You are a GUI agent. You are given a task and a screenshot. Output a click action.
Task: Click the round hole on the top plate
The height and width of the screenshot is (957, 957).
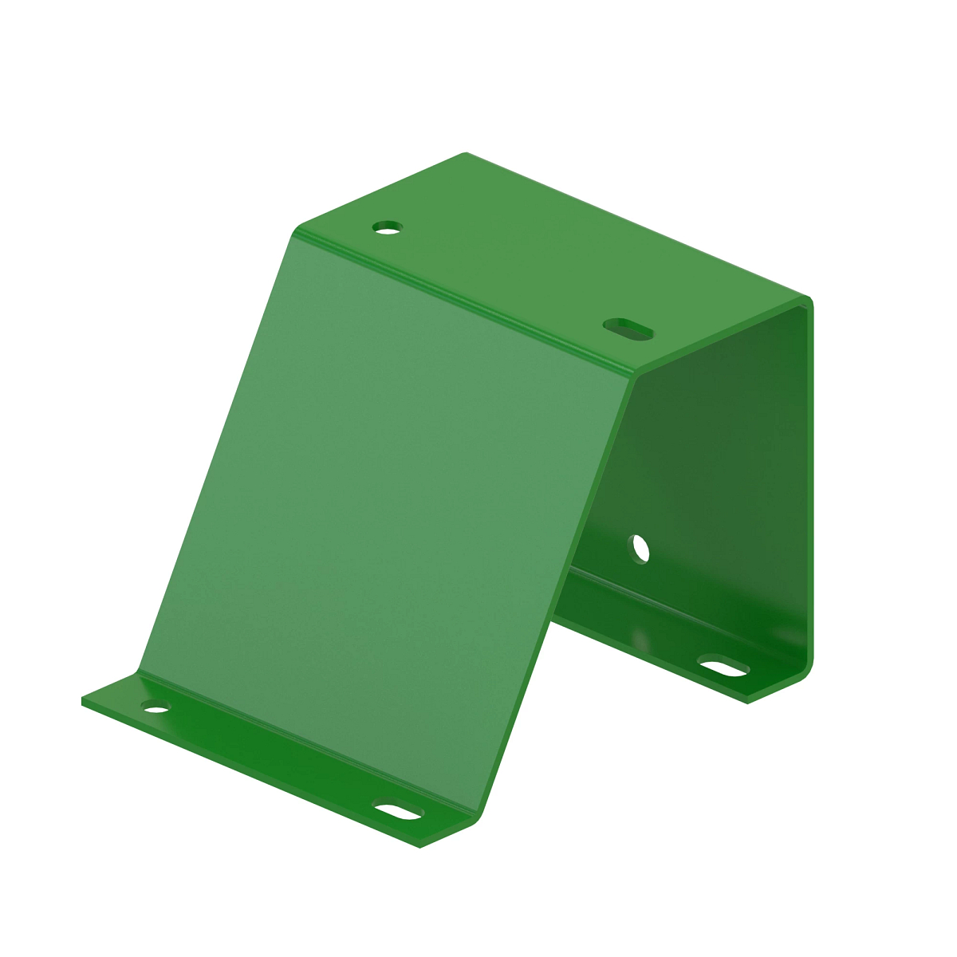tap(388, 227)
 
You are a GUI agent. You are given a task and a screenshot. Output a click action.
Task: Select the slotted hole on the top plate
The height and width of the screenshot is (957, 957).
tap(628, 328)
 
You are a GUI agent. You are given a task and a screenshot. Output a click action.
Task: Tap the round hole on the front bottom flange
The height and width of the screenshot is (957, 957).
tap(156, 707)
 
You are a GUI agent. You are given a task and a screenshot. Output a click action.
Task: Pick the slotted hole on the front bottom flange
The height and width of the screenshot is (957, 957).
tap(399, 812)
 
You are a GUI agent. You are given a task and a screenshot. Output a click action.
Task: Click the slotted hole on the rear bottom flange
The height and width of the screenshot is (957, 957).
tap(723, 666)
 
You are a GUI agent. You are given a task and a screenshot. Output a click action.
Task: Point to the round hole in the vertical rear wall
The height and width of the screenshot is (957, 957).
tap(640, 549)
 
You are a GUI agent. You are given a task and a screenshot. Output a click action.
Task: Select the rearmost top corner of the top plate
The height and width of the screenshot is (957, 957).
tap(466, 154)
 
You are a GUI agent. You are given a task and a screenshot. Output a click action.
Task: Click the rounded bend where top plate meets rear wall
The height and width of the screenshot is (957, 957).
tap(807, 303)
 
